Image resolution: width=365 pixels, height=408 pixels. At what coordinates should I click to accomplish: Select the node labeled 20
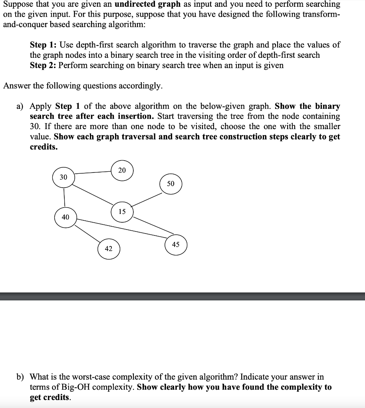pos(122,171)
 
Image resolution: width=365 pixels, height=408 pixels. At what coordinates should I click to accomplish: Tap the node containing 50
pos(171,184)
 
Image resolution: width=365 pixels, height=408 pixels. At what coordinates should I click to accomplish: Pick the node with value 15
pos(122,212)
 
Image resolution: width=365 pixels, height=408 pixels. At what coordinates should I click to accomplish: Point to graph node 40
pos(65,217)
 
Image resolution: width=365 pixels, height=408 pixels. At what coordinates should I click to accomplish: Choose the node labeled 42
pos(109,249)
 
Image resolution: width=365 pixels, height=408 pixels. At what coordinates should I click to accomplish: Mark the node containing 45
pos(176,245)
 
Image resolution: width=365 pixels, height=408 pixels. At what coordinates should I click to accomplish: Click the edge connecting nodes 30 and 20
pos(93,173)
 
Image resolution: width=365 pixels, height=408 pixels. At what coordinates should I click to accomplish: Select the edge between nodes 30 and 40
pos(64,197)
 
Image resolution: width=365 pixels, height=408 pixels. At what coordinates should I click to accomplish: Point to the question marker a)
pos(20,106)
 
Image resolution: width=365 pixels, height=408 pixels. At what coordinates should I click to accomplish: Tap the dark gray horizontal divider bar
pos(182,296)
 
